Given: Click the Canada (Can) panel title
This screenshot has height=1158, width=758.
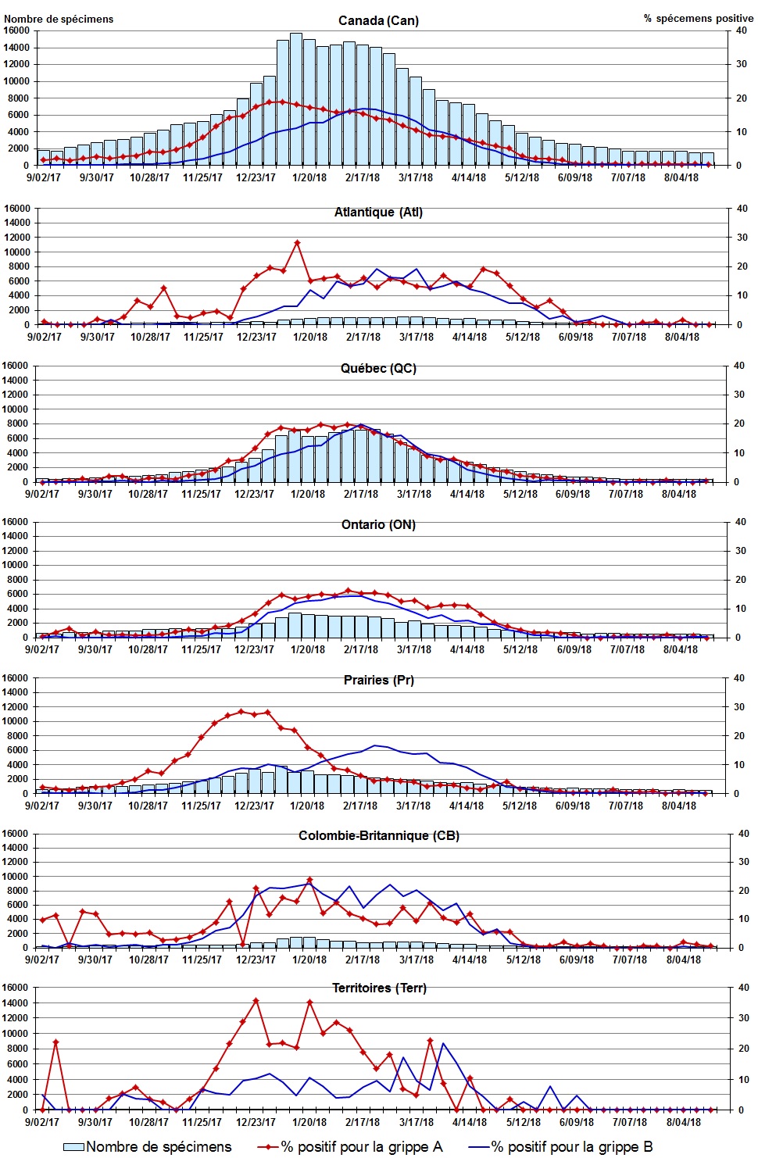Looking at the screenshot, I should (x=378, y=21).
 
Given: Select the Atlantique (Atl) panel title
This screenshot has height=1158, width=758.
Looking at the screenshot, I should (x=378, y=213).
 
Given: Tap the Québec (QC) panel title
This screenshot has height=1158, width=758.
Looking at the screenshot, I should (x=378, y=369).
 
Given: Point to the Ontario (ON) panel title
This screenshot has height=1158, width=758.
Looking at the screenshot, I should (x=378, y=525).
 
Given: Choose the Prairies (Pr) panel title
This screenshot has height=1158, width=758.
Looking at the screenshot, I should (x=378, y=681).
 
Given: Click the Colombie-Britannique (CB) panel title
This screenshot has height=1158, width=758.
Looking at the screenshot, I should (x=378, y=836).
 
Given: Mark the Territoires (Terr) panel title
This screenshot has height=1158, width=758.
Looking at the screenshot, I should (x=379, y=988).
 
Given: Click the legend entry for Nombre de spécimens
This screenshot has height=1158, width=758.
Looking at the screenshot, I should (x=148, y=1147).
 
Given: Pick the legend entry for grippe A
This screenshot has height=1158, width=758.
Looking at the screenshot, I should (x=351, y=1147).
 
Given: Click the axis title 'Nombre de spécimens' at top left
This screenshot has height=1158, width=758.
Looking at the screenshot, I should (x=59, y=19).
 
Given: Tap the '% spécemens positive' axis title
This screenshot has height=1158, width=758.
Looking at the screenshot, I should (x=698, y=18).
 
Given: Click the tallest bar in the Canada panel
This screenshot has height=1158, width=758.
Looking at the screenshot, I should (x=296, y=98).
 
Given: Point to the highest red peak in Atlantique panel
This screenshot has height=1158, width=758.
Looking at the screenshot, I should (x=297, y=243).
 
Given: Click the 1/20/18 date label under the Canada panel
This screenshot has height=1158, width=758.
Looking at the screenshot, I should (x=309, y=177).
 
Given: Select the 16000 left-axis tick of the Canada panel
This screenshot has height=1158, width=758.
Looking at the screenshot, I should (x=16, y=30).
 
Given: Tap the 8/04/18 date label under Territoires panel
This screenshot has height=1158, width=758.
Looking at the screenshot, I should (x=683, y=1122).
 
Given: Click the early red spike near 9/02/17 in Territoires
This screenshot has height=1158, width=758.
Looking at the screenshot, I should (x=55, y=1042).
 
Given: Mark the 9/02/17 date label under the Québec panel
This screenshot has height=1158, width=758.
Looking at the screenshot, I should (x=42, y=494).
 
